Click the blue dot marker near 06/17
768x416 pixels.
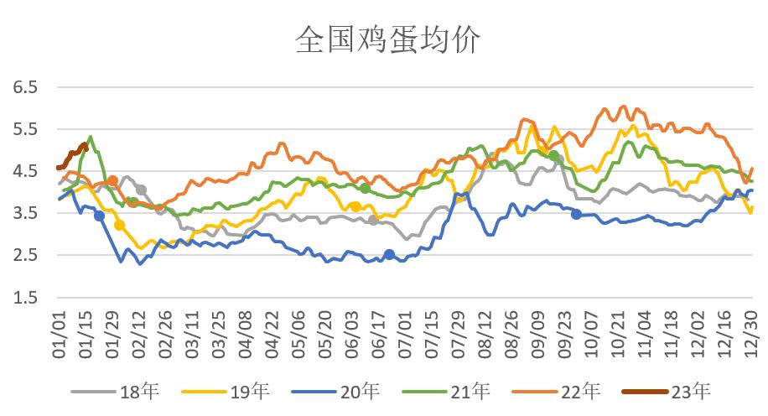[x=389, y=255]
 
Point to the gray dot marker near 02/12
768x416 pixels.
[x=141, y=190]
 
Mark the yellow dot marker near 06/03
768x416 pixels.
[x=355, y=206]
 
